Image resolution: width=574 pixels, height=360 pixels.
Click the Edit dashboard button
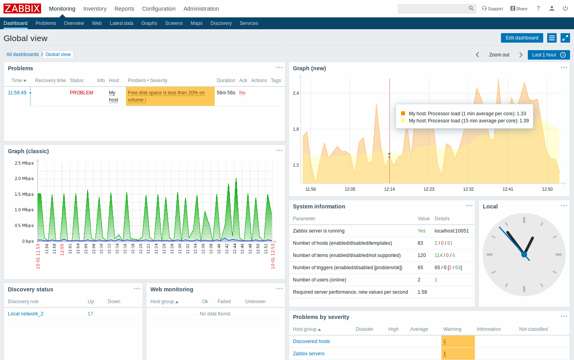click(x=521, y=38)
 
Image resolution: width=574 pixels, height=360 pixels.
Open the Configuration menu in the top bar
click(x=159, y=9)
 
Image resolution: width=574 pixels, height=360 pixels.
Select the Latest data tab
click(x=121, y=23)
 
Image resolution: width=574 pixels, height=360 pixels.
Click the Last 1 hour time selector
click(x=548, y=55)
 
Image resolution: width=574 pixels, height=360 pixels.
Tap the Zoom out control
click(x=499, y=55)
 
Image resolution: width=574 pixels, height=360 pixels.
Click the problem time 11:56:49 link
click(x=17, y=93)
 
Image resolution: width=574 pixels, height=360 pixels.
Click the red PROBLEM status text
click(x=81, y=93)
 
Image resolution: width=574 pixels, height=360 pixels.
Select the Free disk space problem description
click(x=166, y=96)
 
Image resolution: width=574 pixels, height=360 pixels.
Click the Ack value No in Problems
click(x=242, y=93)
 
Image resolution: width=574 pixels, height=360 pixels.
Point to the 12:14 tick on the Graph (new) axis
click(x=389, y=189)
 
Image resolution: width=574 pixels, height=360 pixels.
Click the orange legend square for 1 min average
click(x=403, y=113)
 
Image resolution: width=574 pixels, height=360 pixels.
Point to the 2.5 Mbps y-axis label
click(x=24, y=163)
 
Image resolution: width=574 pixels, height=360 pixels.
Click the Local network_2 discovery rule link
click(x=26, y=314)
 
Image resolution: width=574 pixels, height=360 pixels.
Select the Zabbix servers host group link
click(x=309, y=354)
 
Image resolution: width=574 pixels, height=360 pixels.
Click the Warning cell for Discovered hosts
click(x=458, y=341)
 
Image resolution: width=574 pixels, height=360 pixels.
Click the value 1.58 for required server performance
click(x=422, y=292)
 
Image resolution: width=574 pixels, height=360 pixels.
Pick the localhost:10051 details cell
click(x=452, y=231)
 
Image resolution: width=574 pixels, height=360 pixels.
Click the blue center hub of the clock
click(x=524, y=255)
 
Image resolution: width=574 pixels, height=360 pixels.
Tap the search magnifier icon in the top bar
click(x=471, y=8)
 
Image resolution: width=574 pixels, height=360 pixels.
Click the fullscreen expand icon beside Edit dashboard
click(x=565, y=38)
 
